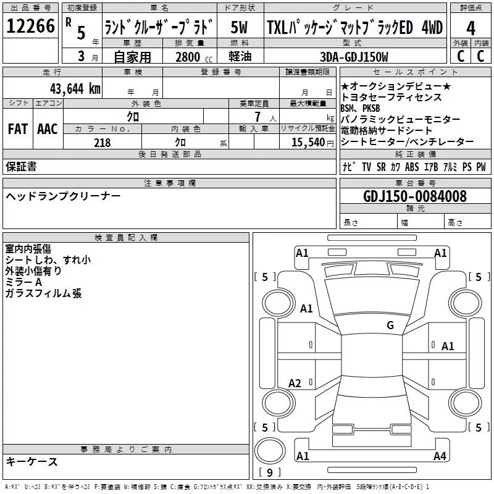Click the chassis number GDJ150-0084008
414,197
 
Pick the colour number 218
102,143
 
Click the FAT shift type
18,129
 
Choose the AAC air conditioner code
48,129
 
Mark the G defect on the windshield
390,325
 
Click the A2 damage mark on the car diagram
295,383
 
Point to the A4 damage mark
440,456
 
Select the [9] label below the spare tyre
269,473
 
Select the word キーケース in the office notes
31,462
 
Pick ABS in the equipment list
412,167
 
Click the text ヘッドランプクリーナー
63,196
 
